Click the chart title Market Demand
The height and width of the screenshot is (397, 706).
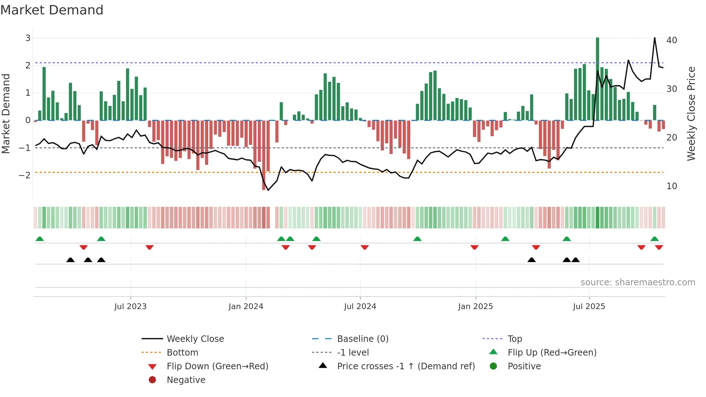(52, 10)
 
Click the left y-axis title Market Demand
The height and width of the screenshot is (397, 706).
(6, 113)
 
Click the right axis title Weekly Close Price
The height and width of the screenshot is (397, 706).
(691, 113)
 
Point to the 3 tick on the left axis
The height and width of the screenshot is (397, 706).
(28, 38)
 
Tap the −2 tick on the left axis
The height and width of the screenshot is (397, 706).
(25, 175)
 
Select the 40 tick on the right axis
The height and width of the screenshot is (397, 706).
(671, 40)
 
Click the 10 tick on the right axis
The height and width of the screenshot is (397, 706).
(671, 186)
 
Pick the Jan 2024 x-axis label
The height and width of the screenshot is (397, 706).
(246, 307)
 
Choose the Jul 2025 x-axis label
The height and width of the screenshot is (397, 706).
(589, 307)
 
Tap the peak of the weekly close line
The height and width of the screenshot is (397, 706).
(654, 38)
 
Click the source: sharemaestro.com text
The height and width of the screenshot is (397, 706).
(638, 282)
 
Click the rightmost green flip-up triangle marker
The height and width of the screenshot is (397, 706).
(654, 239)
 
